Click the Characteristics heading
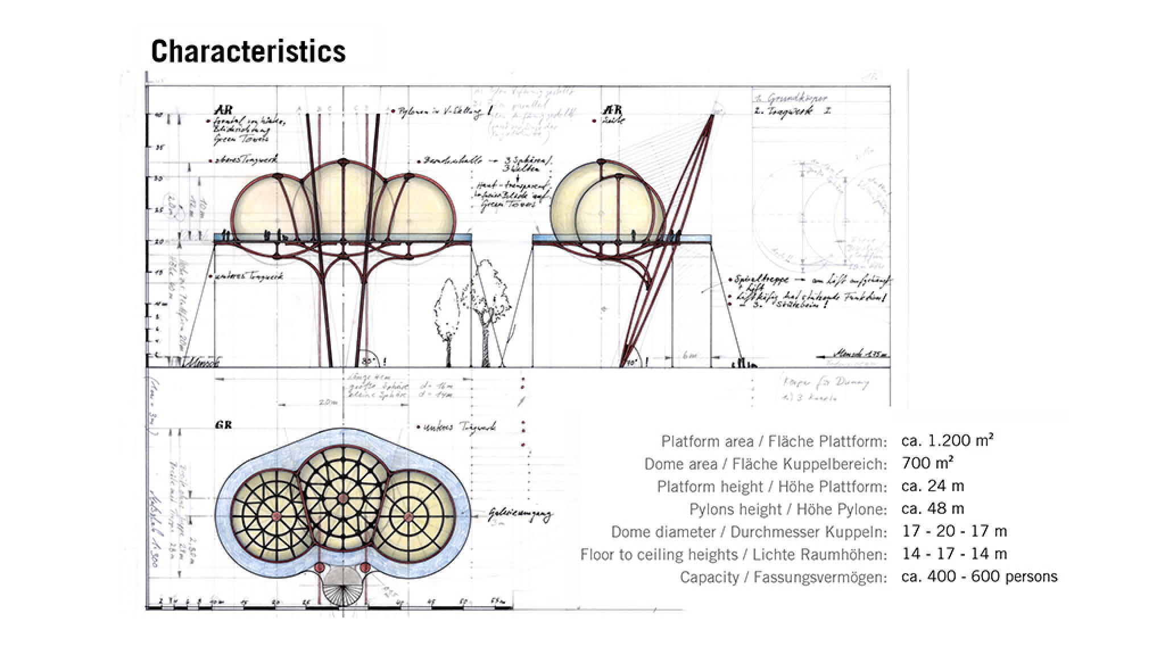(248, 51)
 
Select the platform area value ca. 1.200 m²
(947, 441)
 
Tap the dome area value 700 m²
(927, 463)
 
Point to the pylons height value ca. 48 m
(933, 508)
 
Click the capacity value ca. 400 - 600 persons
(979, 577)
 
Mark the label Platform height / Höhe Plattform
(771, 487)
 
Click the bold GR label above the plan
(224, 425)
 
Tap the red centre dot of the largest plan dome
(342, 499)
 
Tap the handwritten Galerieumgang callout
(519, 515)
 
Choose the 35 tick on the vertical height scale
(160, 147)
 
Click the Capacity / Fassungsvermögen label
(783, 577)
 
